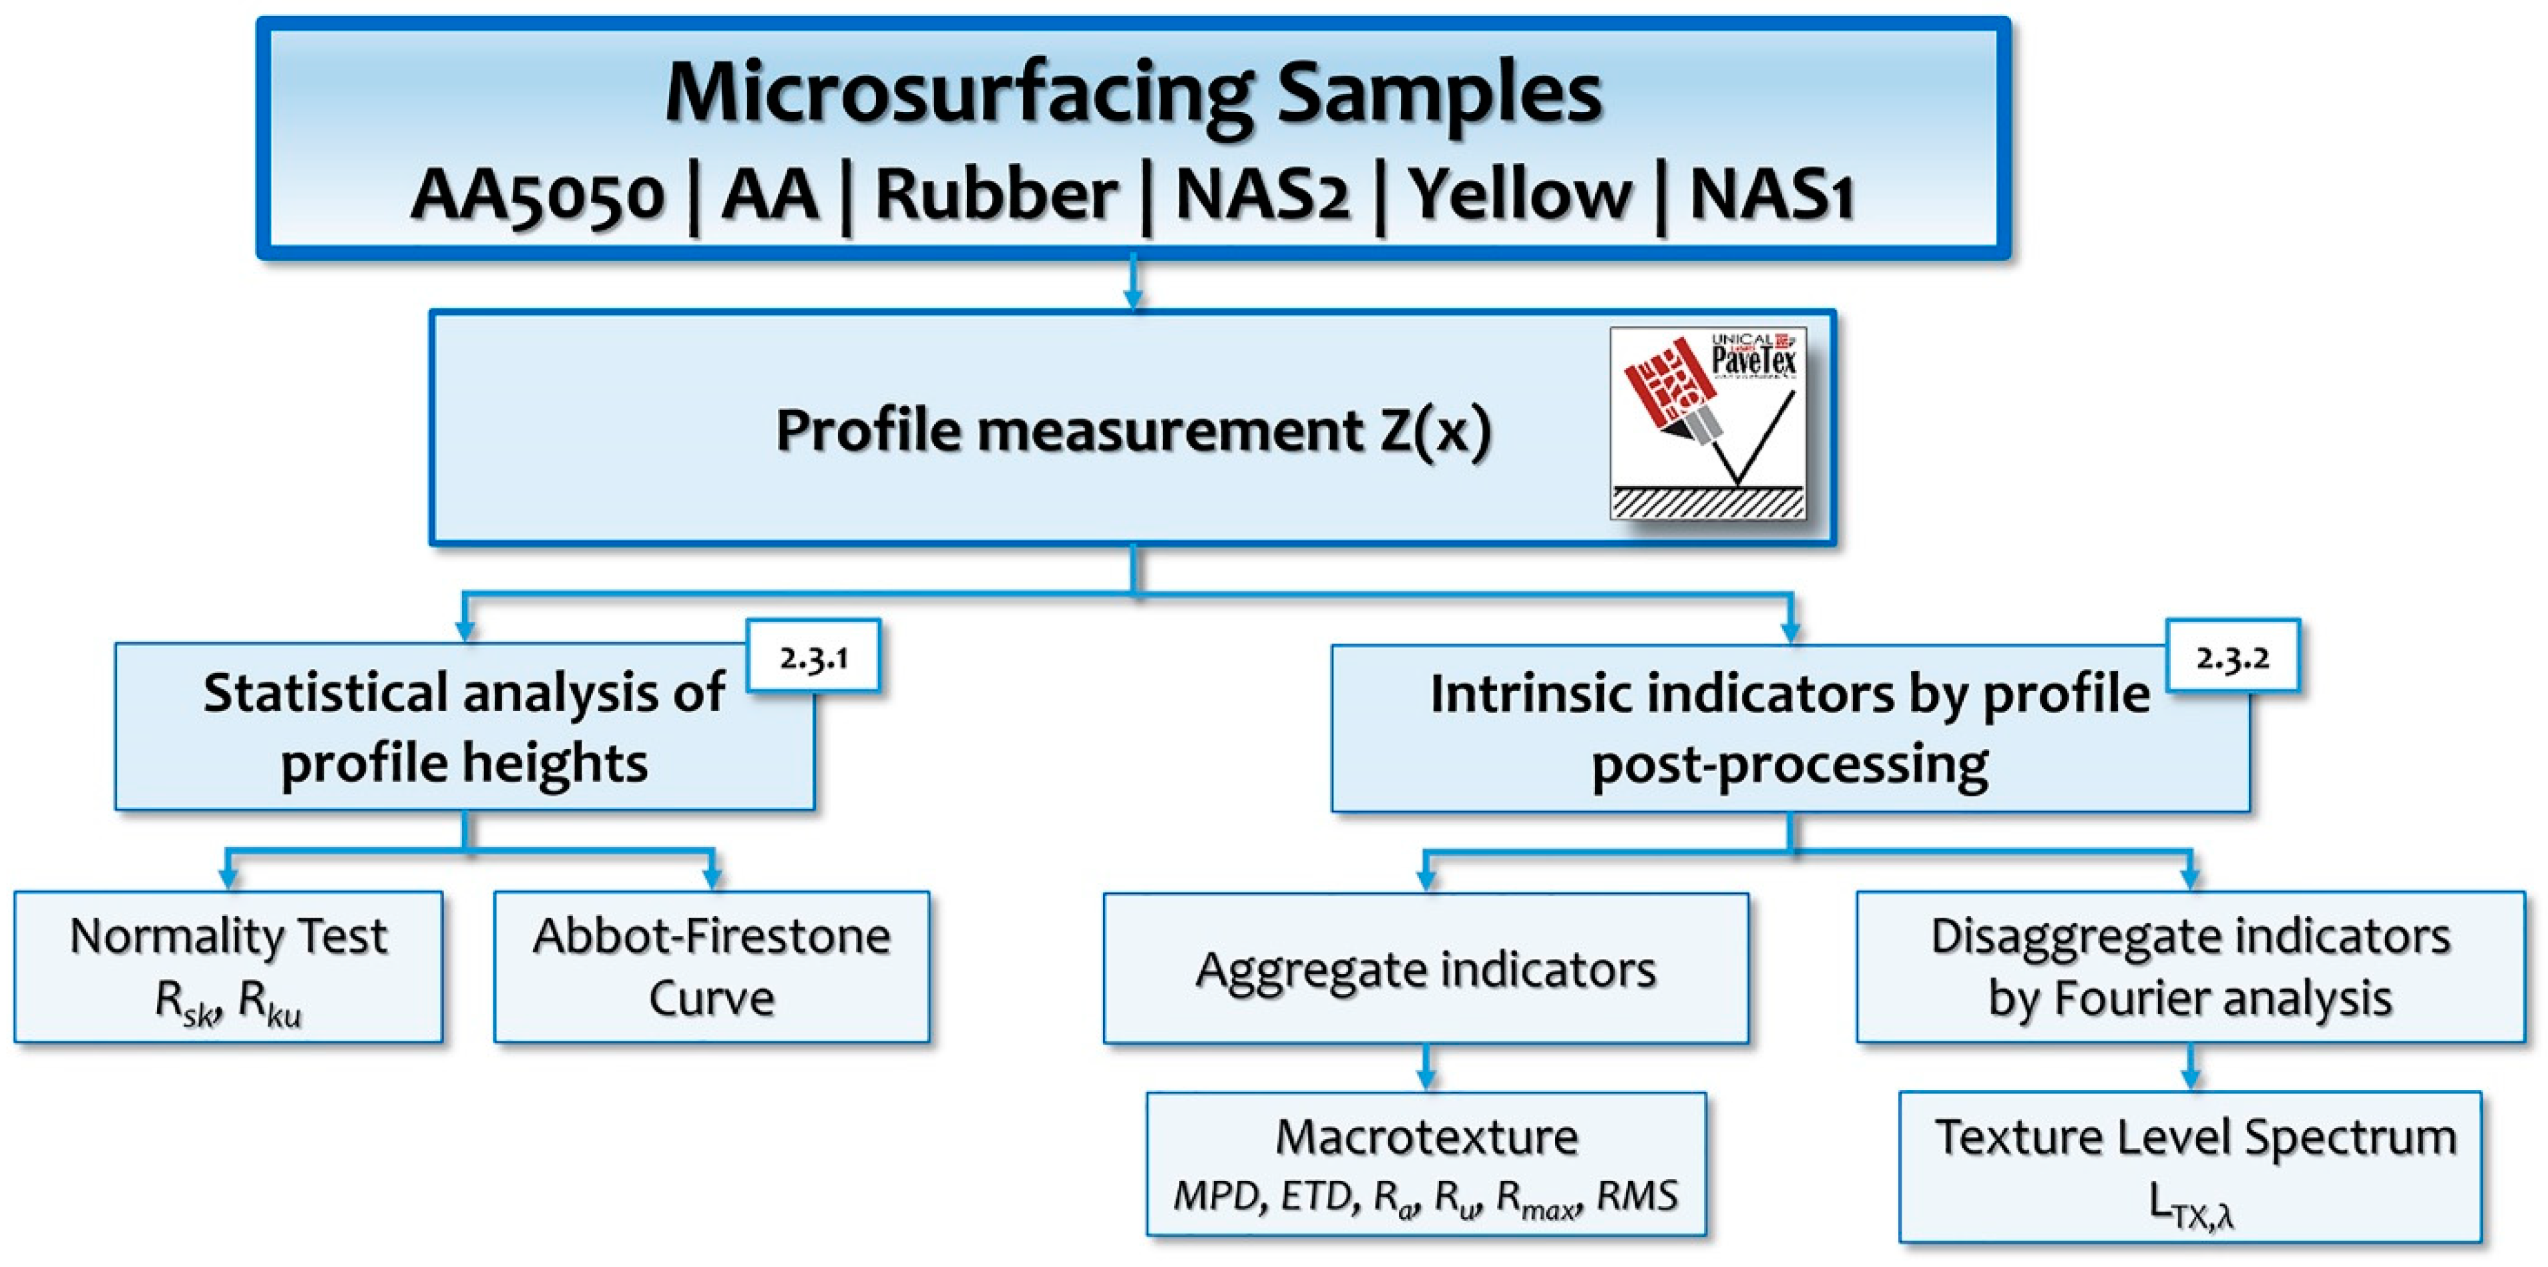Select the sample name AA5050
[x=537, y=195]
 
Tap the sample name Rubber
[x=996, y=195]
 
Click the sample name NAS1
[x=1771, y=195]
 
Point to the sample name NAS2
[x=1261, y=195]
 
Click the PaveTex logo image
[x=1707, y=423]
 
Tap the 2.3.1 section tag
[x=813, y=657]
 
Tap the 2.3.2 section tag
[x=2232, y=657]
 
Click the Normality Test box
[x=228, y=967]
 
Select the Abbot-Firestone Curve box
[x=711, y=967]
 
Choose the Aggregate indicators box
[x=1426, y=969]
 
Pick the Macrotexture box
[x=1426, y=1164]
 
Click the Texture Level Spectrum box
[x=2190, y=1167]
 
